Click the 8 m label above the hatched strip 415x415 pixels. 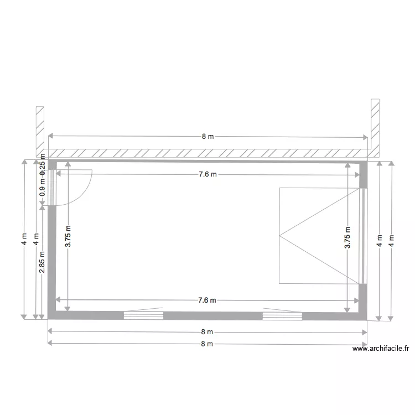207,136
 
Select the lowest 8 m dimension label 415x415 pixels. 207,344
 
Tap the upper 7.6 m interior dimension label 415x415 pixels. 207,174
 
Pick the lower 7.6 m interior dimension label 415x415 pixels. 207,300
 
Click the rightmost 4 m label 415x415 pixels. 392,241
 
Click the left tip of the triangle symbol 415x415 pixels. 280,236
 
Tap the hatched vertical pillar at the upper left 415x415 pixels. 40,130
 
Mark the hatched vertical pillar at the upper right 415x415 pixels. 375,127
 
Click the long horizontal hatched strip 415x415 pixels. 207,153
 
